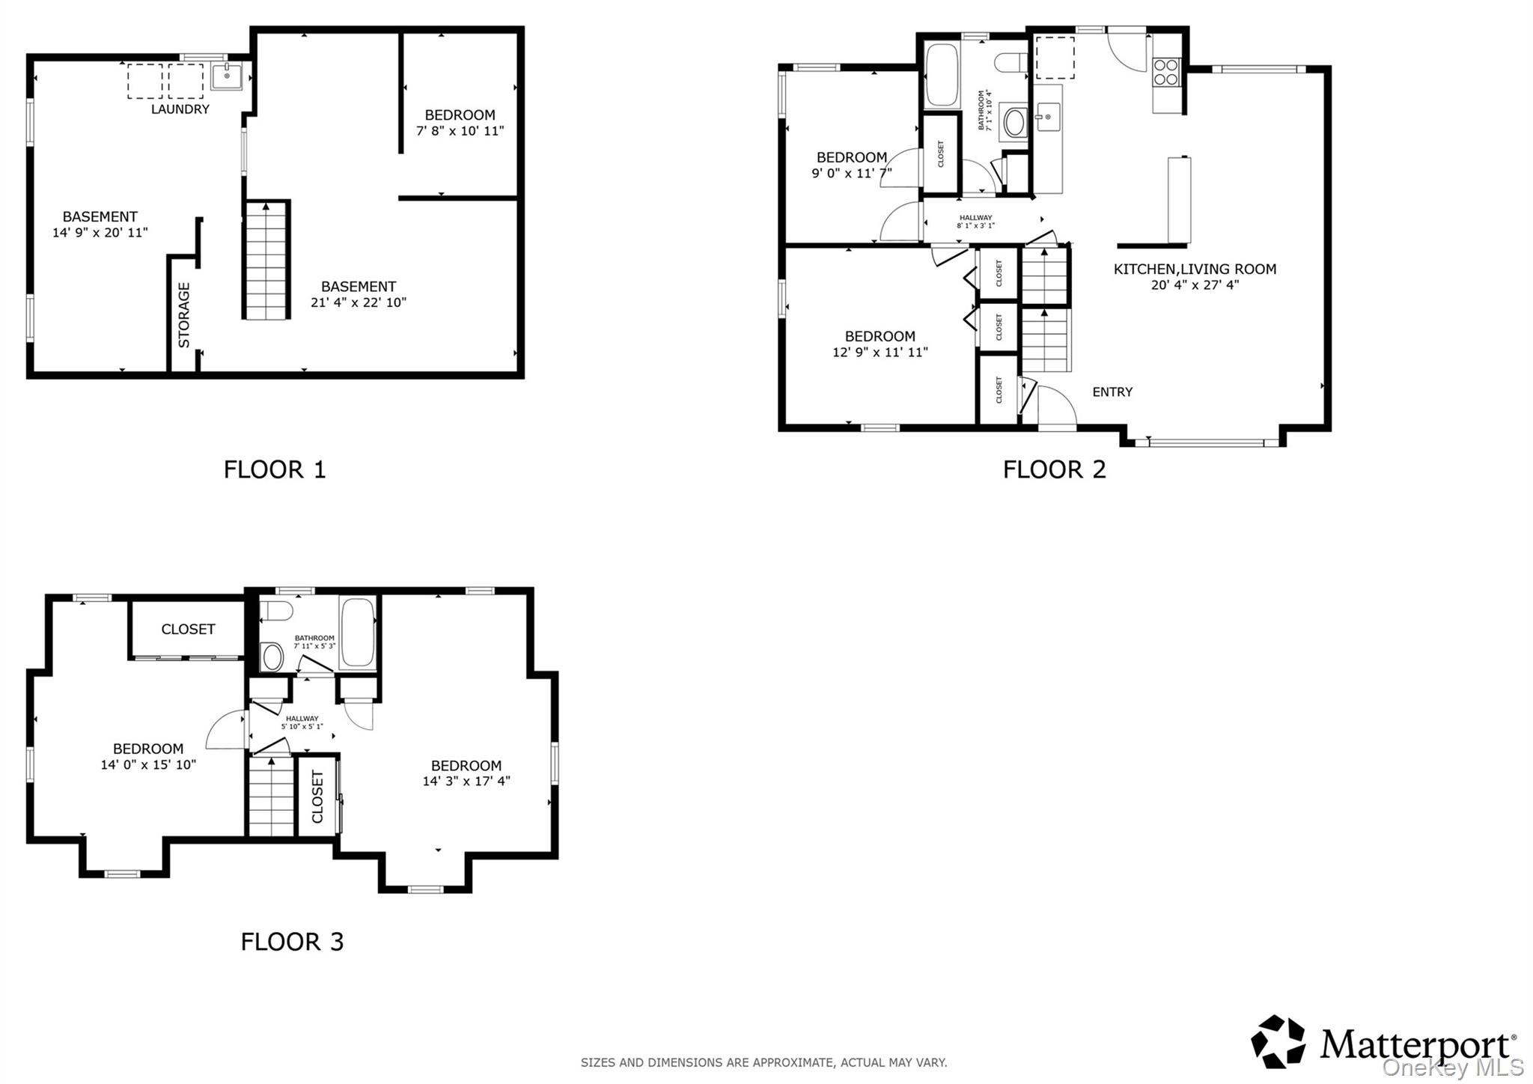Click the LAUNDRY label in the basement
(180, 109)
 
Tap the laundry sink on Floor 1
(226, 76)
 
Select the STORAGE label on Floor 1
(184, 314)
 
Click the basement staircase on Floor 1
(266, 260)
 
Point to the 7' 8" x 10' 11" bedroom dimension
(460, 131)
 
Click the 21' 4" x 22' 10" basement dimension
(358, 302)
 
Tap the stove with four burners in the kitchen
(1165, 72)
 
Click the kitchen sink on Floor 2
(1047, 117)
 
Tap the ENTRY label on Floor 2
(1112, 392)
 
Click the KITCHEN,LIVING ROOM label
(1195, 270)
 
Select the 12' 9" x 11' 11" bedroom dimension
(880, 353)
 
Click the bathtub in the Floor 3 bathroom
(357, 633)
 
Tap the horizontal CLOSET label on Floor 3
(188, 630)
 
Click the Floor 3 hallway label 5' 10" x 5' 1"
(302, 726)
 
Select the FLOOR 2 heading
(1054, 469)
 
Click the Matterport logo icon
(1278, 1041)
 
